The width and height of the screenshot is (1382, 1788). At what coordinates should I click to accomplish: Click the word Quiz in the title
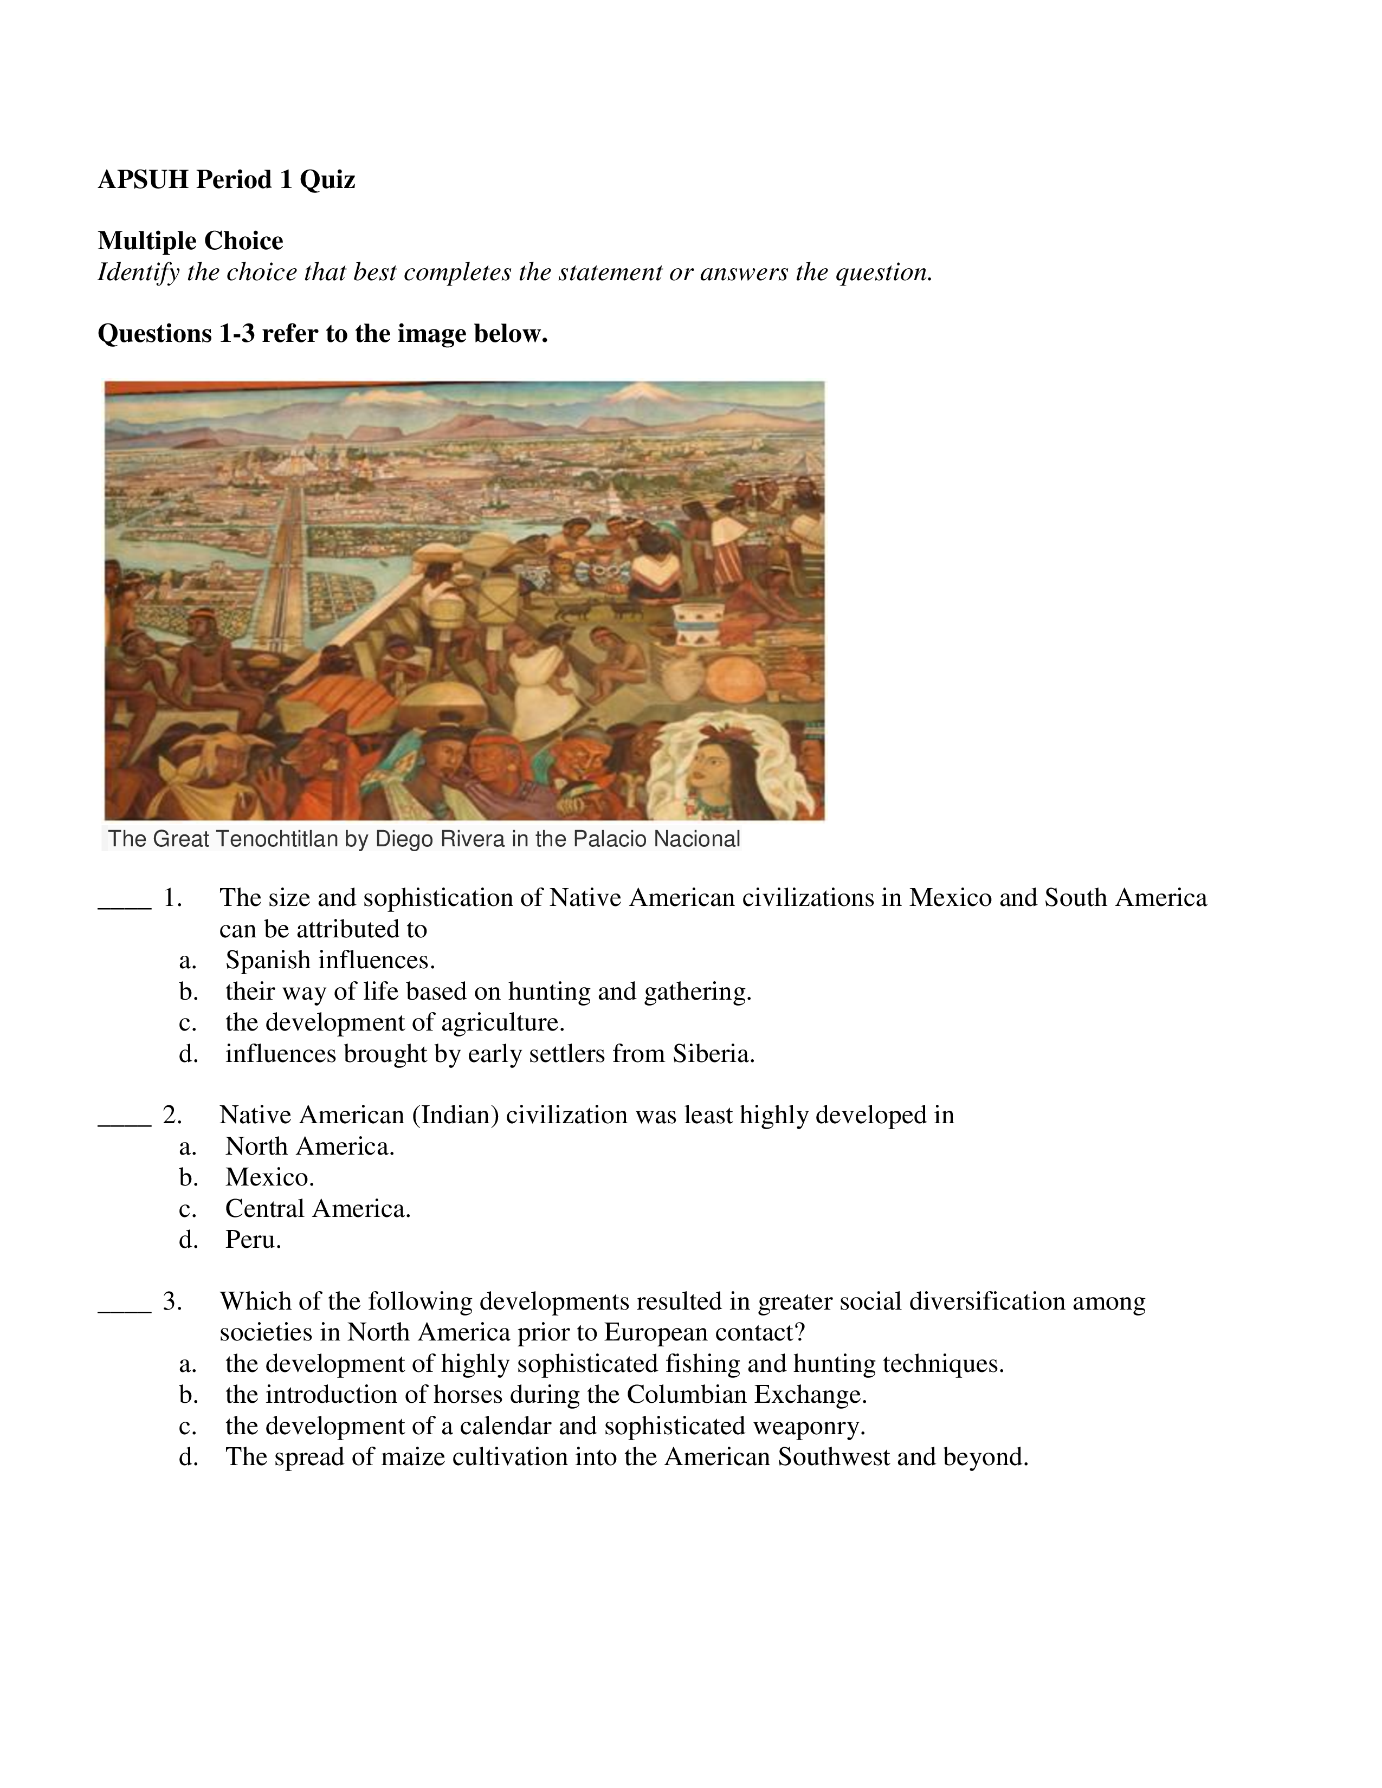(x=327, y=179)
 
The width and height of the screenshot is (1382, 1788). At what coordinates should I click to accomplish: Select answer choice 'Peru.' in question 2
(x=253, y=1240)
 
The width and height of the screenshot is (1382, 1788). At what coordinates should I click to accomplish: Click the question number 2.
(x=172, y=1115)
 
